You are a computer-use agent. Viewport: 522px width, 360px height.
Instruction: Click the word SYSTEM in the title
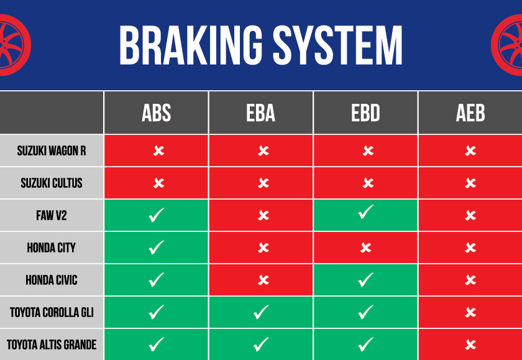point(338,45)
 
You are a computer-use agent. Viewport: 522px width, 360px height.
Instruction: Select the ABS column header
point(156,113)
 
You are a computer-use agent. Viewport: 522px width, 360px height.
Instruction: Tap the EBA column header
point(260,113)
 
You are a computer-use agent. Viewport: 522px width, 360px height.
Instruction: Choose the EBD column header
point(365,113)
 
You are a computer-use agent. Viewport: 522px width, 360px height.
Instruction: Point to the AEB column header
point(470,113)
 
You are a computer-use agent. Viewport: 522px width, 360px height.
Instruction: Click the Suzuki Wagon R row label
point(52,151)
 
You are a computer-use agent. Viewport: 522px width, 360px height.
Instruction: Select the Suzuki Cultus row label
point(52,183)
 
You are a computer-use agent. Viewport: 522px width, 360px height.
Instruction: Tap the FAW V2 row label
point(52,216)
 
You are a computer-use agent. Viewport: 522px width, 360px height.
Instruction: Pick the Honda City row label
point(52,247)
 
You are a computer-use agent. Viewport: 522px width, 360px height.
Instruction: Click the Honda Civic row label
point(52,280)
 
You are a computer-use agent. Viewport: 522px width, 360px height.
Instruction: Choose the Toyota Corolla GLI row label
point(52,312)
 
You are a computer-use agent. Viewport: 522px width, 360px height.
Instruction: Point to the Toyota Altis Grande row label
point(52,344)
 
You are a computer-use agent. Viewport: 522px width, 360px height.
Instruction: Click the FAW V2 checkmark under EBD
point(365,212)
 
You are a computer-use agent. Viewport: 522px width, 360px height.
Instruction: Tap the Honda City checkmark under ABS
point(156,247)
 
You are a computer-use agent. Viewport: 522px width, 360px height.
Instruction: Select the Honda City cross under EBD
point(366,247)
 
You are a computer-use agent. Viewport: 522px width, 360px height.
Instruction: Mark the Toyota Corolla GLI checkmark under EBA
point(261,312)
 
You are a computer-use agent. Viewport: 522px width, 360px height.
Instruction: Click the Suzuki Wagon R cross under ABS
point(159,151)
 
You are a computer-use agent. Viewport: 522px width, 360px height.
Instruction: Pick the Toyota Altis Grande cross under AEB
point(470,344)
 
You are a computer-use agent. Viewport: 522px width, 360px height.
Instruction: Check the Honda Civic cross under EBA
point(263,280)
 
